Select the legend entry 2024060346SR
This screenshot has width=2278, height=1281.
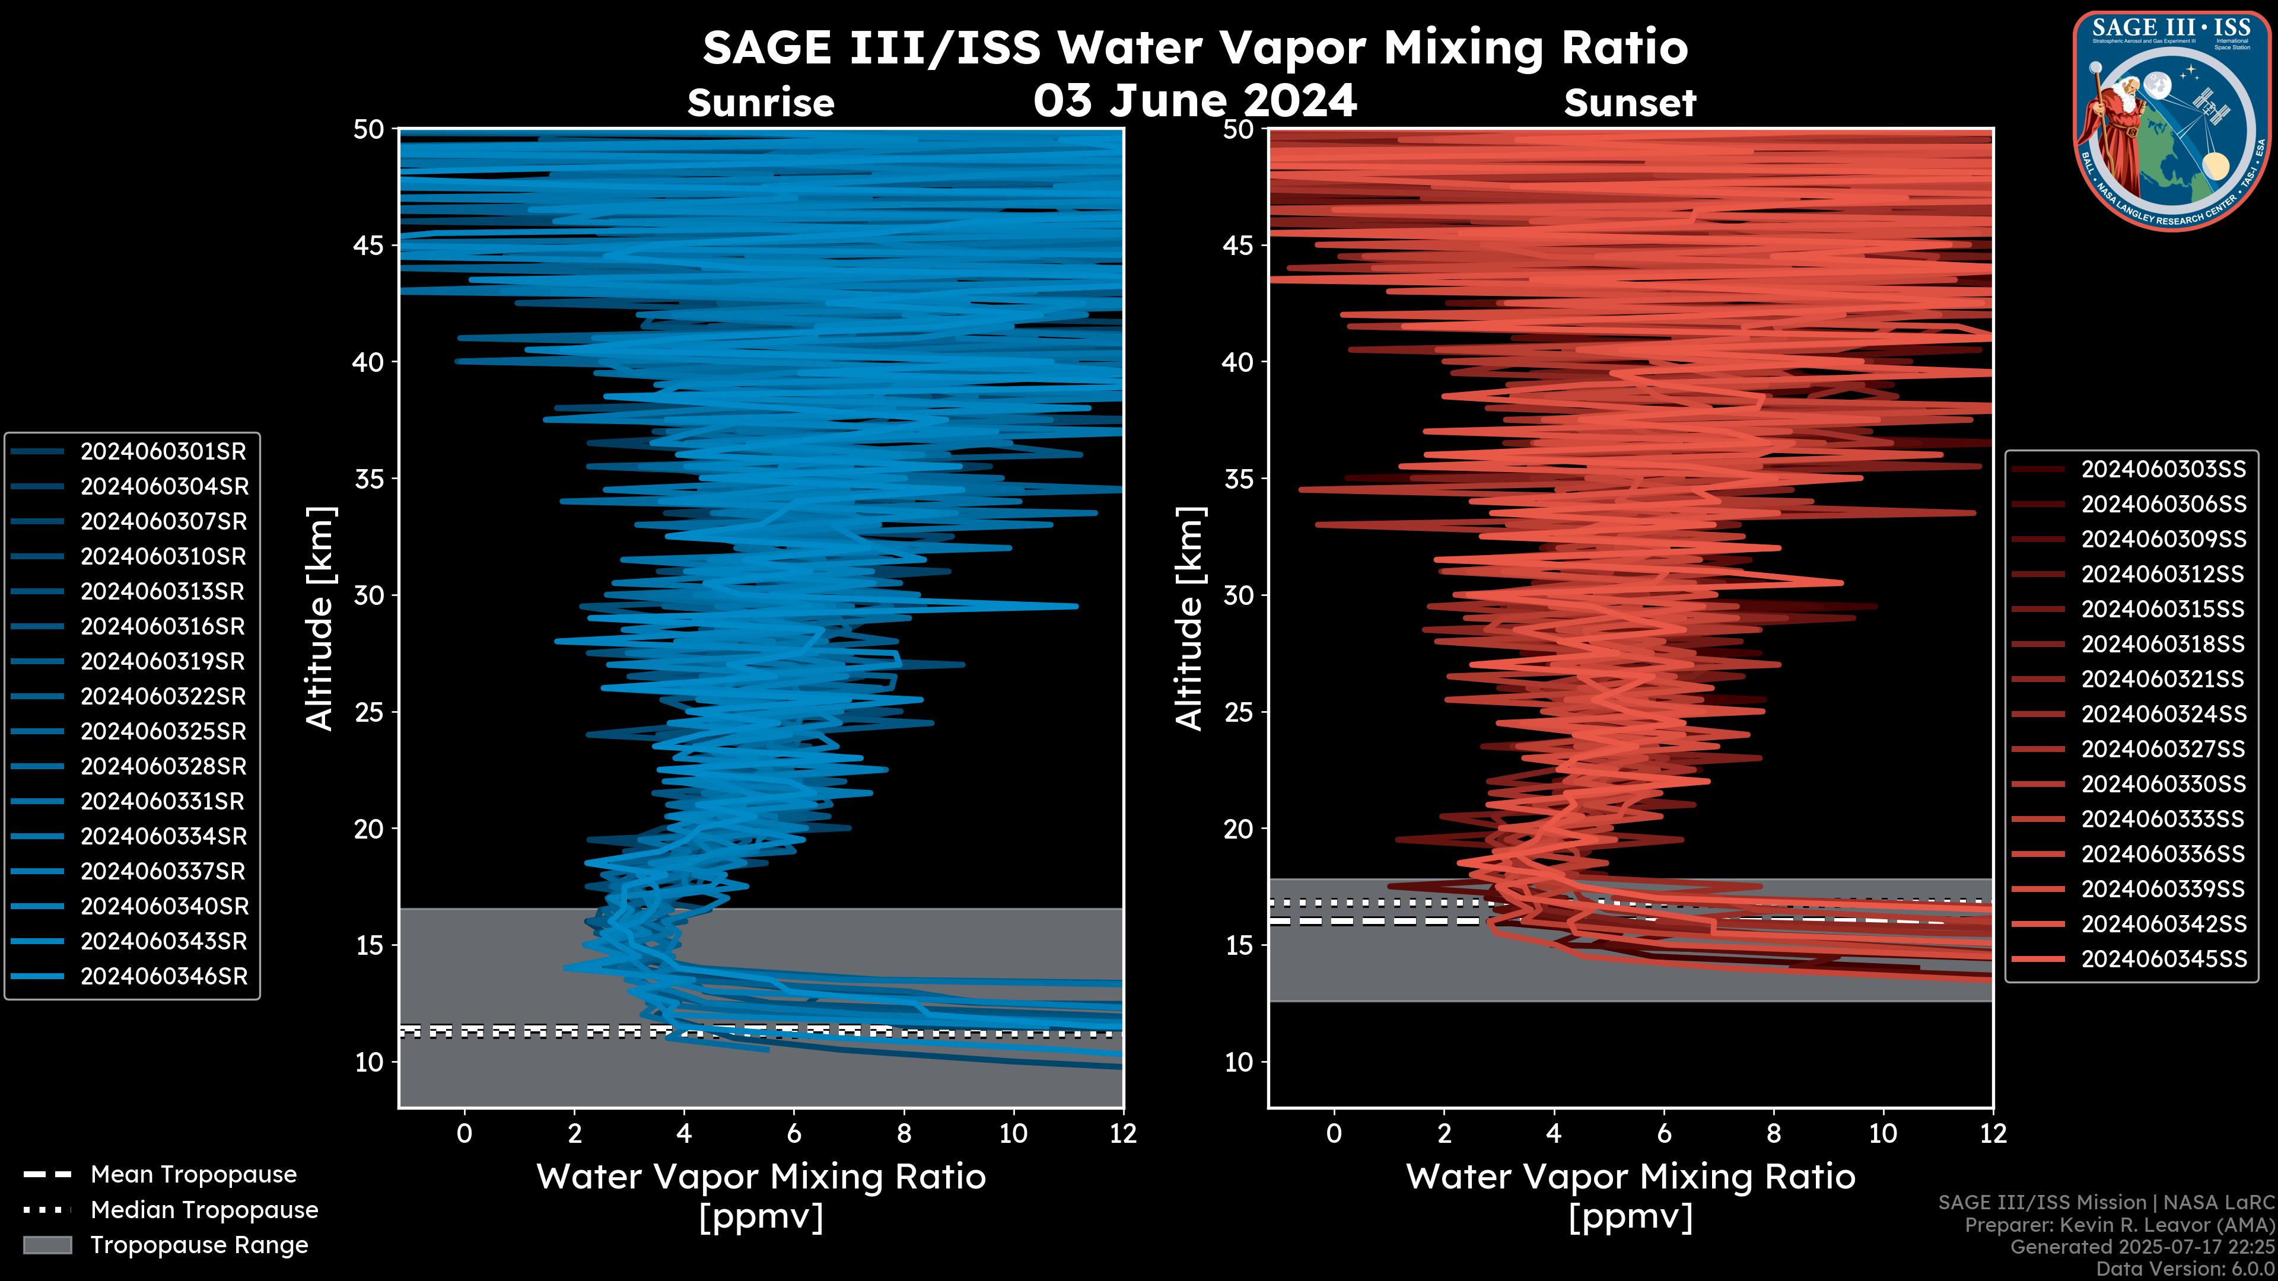click(164, 977)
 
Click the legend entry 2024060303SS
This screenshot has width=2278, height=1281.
click(2163, 470)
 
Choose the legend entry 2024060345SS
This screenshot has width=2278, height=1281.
click(2163, 959)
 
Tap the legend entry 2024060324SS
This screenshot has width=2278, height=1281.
click(2163, 714)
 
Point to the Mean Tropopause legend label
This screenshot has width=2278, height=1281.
click(193, 1175)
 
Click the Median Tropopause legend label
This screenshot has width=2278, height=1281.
click(203, 1210)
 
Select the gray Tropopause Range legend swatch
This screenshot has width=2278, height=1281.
click(47, 1245)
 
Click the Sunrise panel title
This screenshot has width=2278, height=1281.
click(761, 103)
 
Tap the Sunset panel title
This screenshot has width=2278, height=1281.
click(1630, 103)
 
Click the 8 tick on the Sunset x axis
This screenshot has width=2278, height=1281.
click(1773, 1133)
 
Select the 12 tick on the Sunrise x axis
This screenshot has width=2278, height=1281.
click(1122, 1133)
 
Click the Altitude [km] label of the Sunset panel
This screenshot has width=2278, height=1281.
click(1189, 619)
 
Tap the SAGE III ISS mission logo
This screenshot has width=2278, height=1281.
click(2170, 120)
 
